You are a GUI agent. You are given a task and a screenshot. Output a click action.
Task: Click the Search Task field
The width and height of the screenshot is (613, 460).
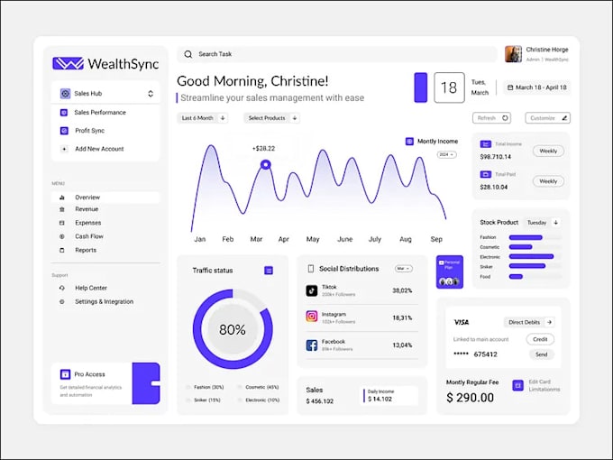(x=334, y=54)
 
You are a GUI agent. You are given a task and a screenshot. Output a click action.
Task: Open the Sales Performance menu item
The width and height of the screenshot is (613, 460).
(x=99, y=113)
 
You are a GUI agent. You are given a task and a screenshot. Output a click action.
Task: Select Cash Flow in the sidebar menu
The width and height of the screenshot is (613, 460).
(x=89, y=236)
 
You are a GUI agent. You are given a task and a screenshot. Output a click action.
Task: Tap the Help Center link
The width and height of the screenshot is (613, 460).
(x=91, y=288)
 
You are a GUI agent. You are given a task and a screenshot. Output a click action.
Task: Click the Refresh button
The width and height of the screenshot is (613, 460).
(x=491, y=118)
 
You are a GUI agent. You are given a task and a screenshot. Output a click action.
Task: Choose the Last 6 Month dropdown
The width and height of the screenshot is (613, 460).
(x=203, y=118)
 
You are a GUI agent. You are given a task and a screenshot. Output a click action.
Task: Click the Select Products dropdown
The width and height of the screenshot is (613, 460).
(x=271, y=118)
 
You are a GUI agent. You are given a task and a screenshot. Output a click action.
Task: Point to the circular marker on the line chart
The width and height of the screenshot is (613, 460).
(x=265, y=165)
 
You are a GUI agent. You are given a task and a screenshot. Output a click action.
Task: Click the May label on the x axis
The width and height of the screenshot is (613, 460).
(x=313, y=240)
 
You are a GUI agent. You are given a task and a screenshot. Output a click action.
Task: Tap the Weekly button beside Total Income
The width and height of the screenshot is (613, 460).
(x=547, y=151)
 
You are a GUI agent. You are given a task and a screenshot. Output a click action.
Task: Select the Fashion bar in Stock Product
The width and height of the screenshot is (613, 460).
(x=526, y=237)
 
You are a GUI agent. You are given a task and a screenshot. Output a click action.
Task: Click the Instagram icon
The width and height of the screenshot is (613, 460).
(x=312, y=317)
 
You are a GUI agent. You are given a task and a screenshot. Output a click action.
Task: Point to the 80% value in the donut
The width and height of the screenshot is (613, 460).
(x=233, y=330)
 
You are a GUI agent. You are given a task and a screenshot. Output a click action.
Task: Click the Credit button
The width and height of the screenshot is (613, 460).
(x=540, y=339)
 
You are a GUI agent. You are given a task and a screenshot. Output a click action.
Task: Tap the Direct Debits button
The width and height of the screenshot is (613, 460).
(x=529, y=322)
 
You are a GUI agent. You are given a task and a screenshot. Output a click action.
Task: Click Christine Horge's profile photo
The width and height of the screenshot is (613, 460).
(x=513, y=54)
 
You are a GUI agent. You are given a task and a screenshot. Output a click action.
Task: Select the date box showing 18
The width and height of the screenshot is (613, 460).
(x=449, y=88)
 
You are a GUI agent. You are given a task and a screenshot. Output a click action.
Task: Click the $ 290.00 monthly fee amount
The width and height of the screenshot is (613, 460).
(x=470, y=398)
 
